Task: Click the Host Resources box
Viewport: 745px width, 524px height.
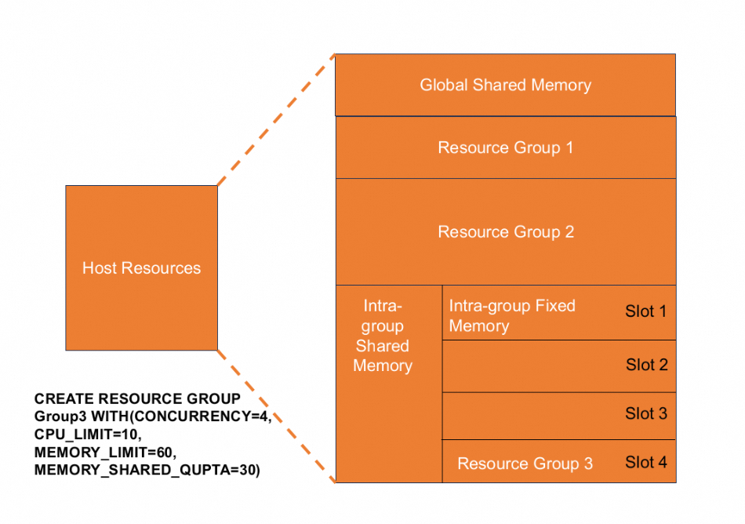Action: (x=141, y=267)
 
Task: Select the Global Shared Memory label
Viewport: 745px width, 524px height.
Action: (x=505, y=85)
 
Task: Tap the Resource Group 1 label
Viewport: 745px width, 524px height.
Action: (x=505, y=147)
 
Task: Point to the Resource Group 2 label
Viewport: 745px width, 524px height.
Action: (x=505, y=232)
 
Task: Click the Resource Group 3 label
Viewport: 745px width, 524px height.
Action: (x=525, y=464)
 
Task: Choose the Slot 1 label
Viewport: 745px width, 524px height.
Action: (x=645, y=311)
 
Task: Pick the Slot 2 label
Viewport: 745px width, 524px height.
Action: (x=646, y=365)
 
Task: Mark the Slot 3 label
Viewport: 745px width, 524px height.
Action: (x=646, y=413)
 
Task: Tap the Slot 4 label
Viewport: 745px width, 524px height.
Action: (x=646, y=462)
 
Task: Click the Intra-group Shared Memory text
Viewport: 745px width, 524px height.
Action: (x=383, y=336)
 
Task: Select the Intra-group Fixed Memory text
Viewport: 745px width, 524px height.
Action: (x=511, y=315)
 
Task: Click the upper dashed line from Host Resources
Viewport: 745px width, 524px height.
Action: (x=276, y=119)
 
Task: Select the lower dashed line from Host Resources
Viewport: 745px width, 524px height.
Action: (x=276, y=416)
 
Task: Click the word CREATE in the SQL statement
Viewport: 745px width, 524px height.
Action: (x=61, y=399)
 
